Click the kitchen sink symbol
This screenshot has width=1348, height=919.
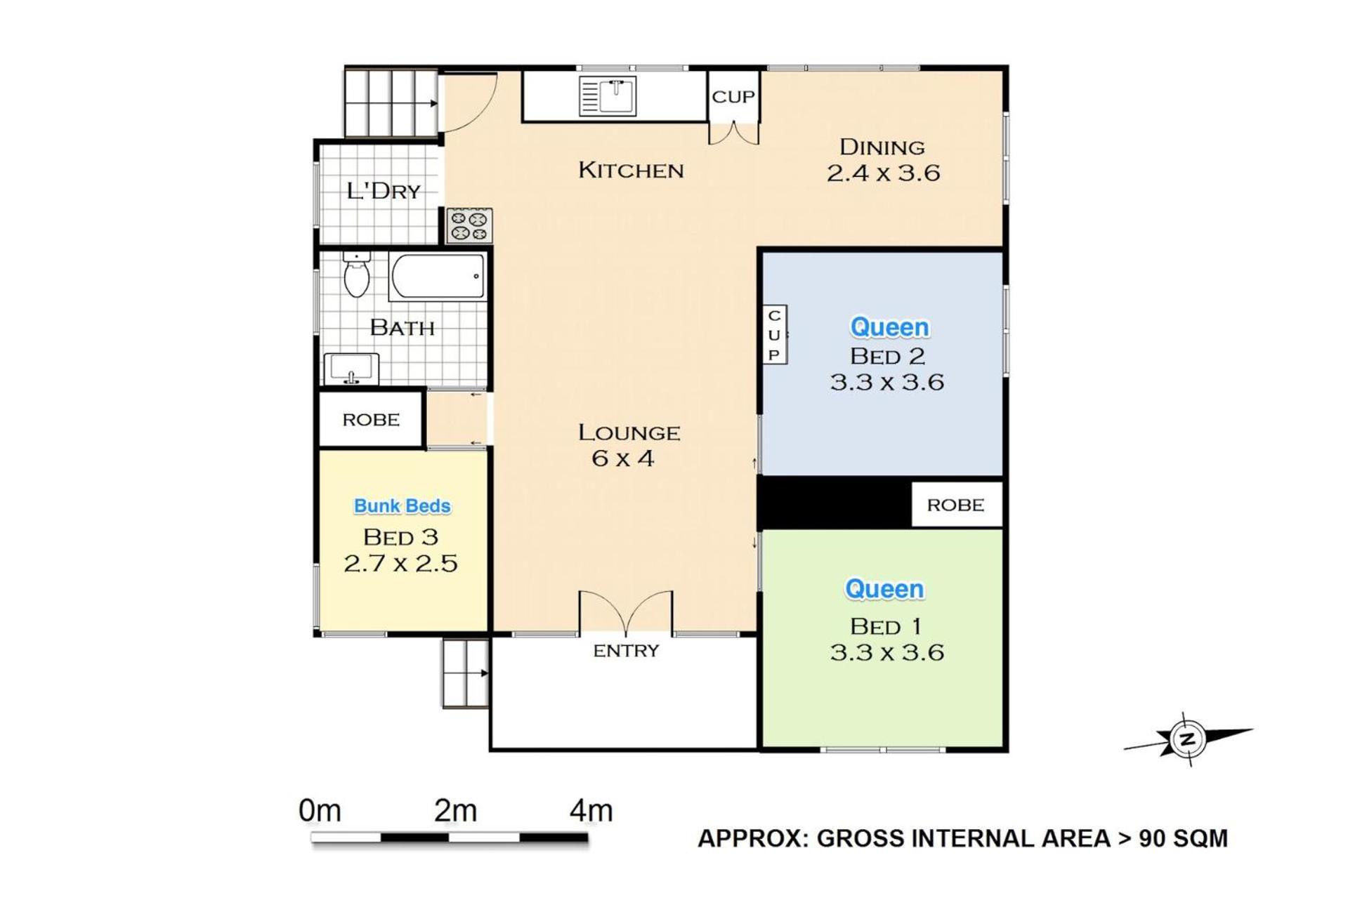tap(608, 96)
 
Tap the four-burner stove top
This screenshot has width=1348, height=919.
tap(469, 226)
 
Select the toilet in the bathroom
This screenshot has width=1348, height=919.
tap(357, 275)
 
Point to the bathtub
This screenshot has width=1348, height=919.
tap(437, 277)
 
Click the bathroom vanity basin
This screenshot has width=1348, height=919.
tap(351, 369)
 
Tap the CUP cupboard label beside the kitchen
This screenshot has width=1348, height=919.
tap(733, 97)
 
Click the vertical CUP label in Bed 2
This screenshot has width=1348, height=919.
tap(774, 335)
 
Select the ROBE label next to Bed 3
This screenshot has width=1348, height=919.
tap(371, 420)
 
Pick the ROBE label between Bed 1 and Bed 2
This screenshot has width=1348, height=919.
tap(955, 505)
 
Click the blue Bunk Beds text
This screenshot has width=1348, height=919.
tap(402, 506)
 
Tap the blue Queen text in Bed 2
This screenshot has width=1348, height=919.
tap(889, 327)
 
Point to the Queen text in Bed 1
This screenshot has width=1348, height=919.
tap(884, 589)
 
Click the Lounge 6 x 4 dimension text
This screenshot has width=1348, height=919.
tap(623, 459)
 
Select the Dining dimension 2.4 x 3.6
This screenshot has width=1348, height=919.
tap(883, 173)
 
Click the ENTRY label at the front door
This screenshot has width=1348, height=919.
tap(626, 651)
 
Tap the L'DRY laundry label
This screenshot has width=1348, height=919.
tap(384, 191)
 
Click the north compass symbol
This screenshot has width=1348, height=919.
tap(1188, 739)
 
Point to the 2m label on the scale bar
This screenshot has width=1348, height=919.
tap(455, 811)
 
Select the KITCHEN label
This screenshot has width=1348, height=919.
tap(631, 171)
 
